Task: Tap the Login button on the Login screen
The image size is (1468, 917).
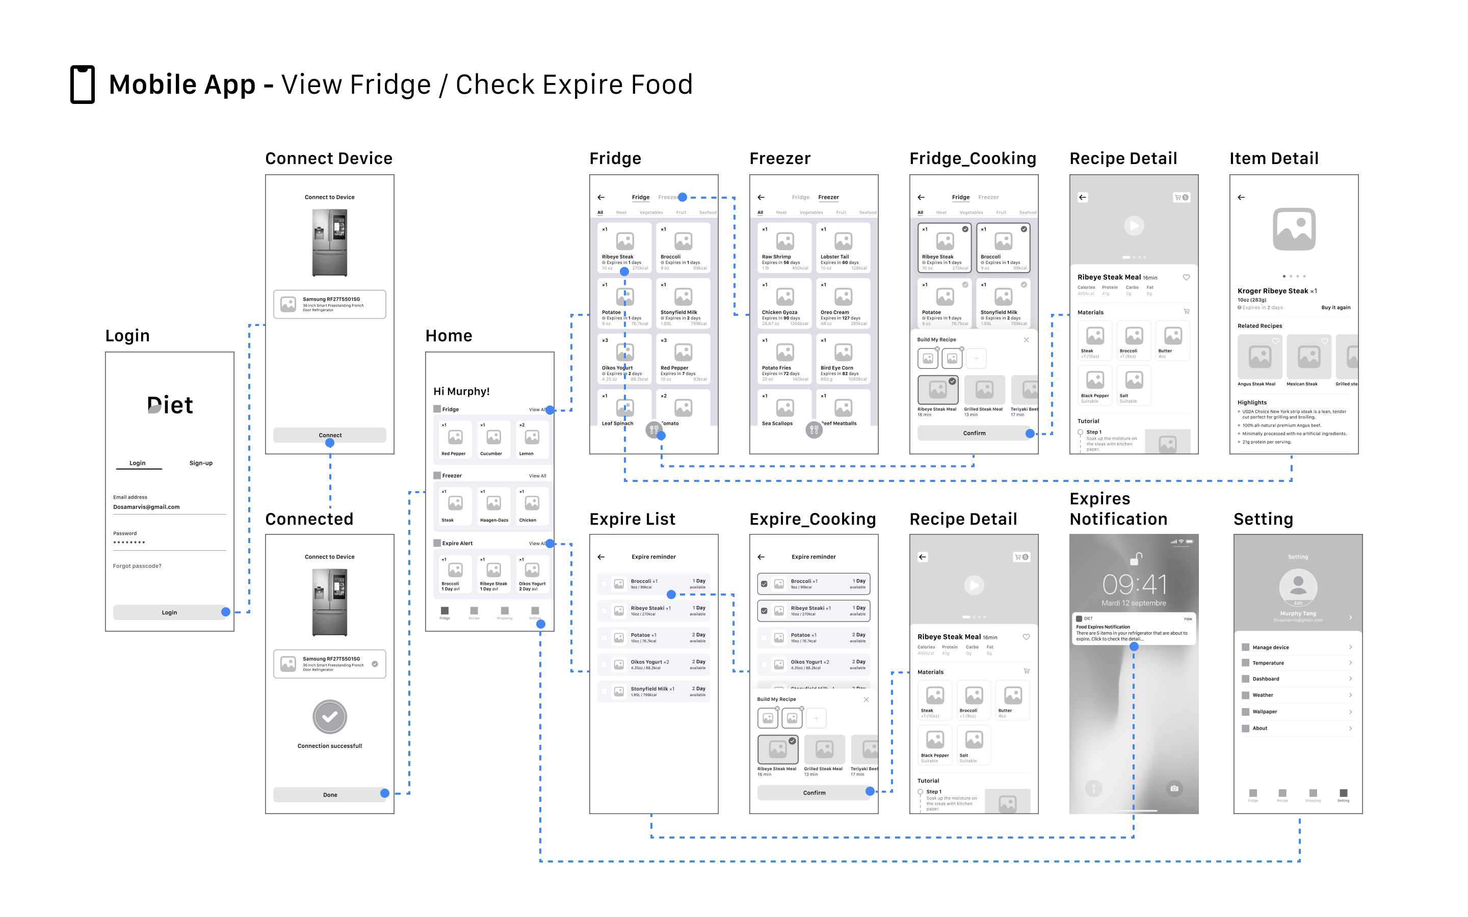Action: [169, 612]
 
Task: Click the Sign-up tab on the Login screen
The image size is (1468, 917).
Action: [201, 463]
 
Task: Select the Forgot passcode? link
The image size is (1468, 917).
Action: [137, 566]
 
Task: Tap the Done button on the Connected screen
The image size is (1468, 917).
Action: [329, 795]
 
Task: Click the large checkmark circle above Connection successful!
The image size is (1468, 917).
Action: [329, 717]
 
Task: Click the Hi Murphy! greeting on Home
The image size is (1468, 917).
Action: [461, 391]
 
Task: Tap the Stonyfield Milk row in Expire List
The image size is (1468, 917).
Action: [653, 691]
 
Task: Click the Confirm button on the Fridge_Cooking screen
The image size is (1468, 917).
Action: [974, 433]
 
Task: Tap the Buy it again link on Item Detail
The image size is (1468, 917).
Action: [1336, 308]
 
